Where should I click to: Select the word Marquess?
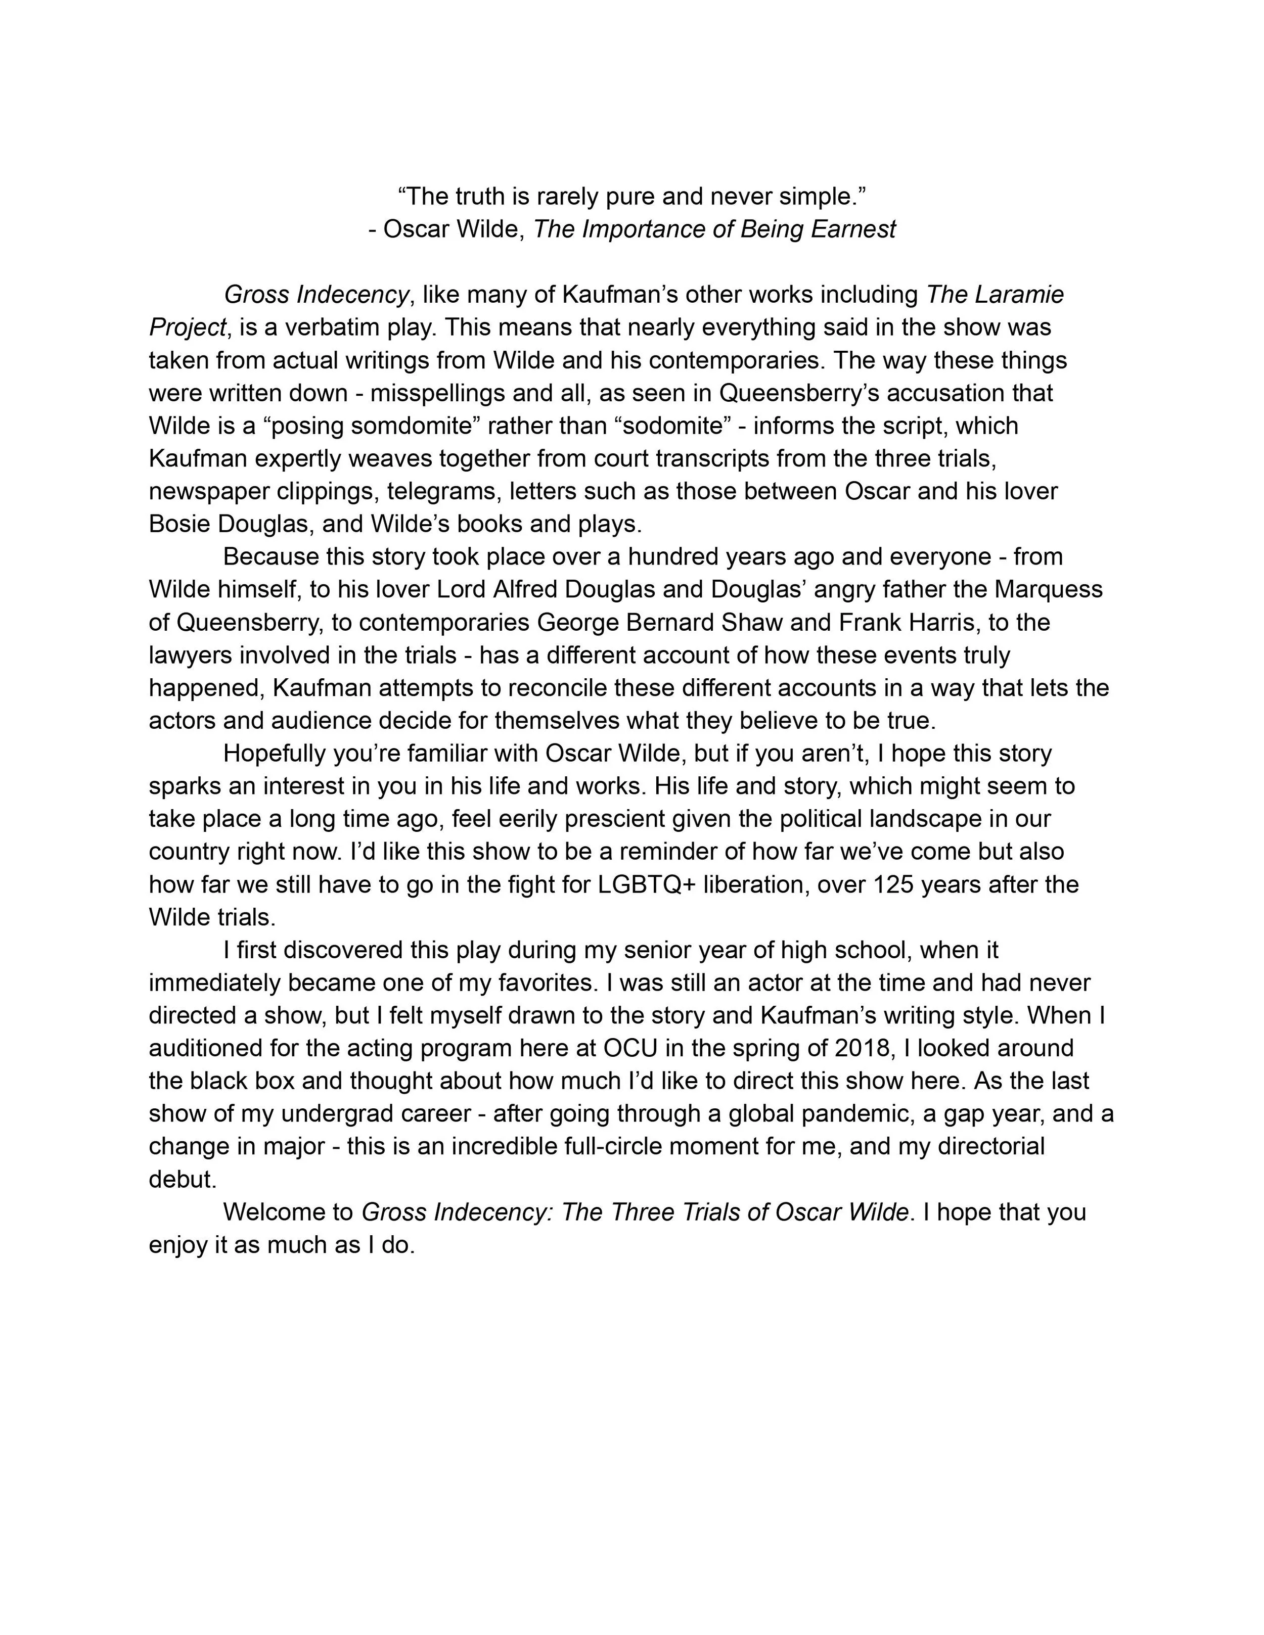click(1048, 589)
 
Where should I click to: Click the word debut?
click(182, 1179)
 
